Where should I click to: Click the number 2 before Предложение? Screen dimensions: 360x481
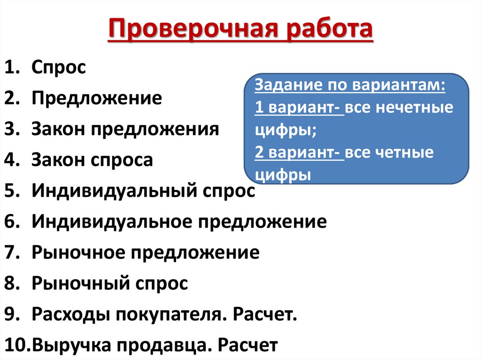(x=11, y=98)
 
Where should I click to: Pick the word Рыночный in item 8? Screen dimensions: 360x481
(x=77, y=283)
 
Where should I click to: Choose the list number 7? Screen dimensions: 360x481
(x=11, y=253)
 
